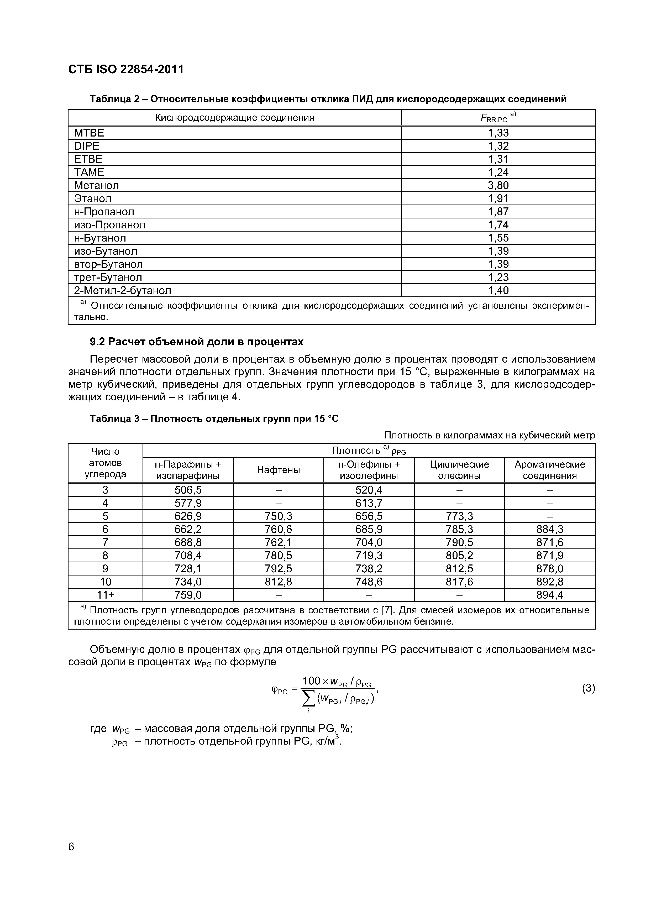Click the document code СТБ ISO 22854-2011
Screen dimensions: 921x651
click(x=125, y=69)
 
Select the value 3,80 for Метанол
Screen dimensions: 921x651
click(x=498, y=185)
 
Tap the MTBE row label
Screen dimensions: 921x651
click(x=89, y=133)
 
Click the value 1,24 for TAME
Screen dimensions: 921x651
click(x=498, y=172)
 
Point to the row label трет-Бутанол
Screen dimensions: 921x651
click(x=108, y=277)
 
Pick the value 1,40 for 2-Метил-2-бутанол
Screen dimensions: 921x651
click(x=498, y=290)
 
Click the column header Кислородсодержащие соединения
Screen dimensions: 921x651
click(x=235, y=118)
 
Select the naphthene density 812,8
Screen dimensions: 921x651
click(x=278, y=582)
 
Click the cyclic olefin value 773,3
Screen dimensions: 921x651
click(x=459, y=516)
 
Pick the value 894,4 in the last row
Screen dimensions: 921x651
click(x=549, y=595)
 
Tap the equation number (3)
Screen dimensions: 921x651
click(x=588, y=688)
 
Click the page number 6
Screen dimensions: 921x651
click(x=71, y=847)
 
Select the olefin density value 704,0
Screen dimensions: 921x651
click(x=369, y=542)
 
